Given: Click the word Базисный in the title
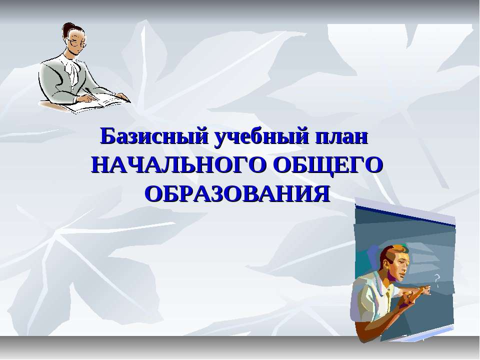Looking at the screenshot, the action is tap(155, 137).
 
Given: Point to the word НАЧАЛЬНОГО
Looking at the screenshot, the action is tap(177, 165).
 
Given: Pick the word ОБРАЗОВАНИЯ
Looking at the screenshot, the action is tap(237, 194).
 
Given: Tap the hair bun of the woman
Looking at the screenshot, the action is tap(67, 27).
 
